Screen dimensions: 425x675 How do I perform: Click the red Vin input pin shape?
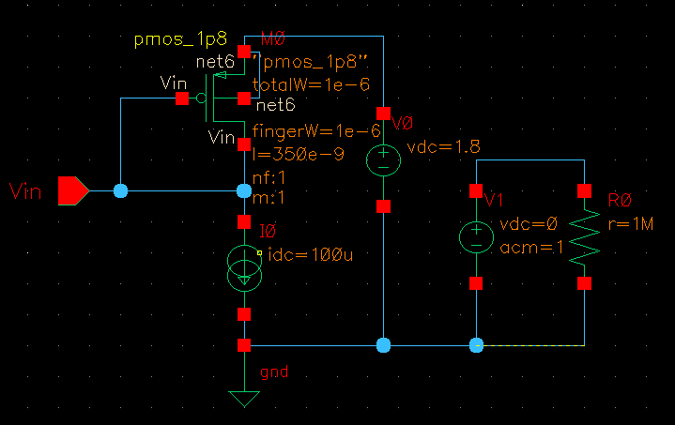tap(72, 190)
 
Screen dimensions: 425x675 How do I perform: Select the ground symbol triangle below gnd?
tap(244, 399)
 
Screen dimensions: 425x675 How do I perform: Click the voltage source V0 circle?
tap(383, 159)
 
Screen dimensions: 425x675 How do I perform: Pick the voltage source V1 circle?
tap(476, 236)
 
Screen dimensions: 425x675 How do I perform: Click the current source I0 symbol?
tap(244, 266)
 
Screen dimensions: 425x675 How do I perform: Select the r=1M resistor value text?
tap(630, 224)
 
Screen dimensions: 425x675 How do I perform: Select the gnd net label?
tap(273, 372)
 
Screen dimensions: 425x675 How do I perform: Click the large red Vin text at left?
tap(27, 192)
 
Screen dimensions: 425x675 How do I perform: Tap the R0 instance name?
tap(621, 200)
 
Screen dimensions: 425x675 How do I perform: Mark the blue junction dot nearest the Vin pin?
tap(120, 190)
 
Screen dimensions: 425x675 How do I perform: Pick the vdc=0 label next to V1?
tap(529, 225)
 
